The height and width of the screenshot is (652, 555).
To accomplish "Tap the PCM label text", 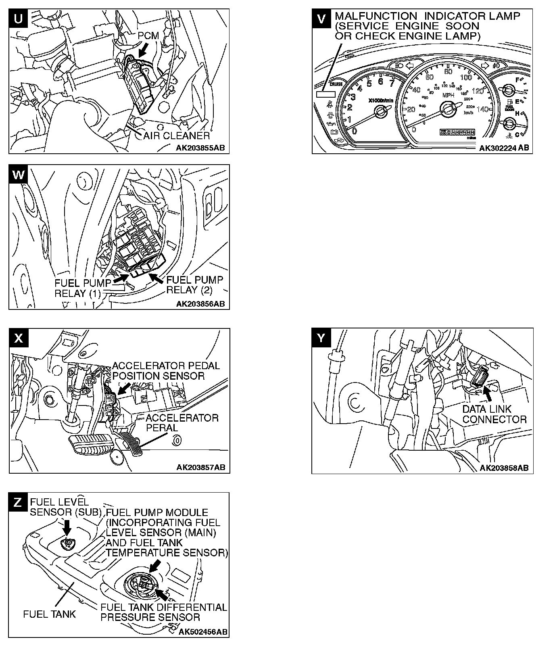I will point(148,36).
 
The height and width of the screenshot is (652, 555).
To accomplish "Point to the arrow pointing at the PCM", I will point(143,50).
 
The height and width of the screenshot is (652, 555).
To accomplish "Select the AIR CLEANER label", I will point(177,136).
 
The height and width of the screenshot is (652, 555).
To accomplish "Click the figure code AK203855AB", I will point(200,148).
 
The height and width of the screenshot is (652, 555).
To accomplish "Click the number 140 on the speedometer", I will point(482,109).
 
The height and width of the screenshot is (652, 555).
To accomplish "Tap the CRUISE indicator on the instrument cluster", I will point(336,84).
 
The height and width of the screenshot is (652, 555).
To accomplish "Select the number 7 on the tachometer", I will point(391,84).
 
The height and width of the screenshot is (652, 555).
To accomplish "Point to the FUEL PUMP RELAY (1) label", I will point(77,288).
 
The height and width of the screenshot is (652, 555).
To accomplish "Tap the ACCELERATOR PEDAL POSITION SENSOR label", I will point(166,371).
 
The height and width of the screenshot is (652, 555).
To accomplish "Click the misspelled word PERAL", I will point(161,428).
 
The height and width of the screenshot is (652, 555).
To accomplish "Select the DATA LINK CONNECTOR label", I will point(494,414).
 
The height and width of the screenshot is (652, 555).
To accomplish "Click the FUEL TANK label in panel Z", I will point(49,614).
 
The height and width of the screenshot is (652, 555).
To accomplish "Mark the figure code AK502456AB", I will point(202,631).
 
